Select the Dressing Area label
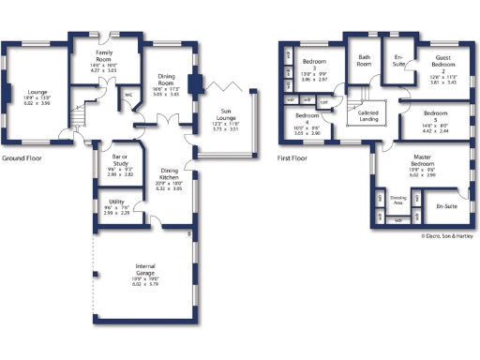[397, 200]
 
